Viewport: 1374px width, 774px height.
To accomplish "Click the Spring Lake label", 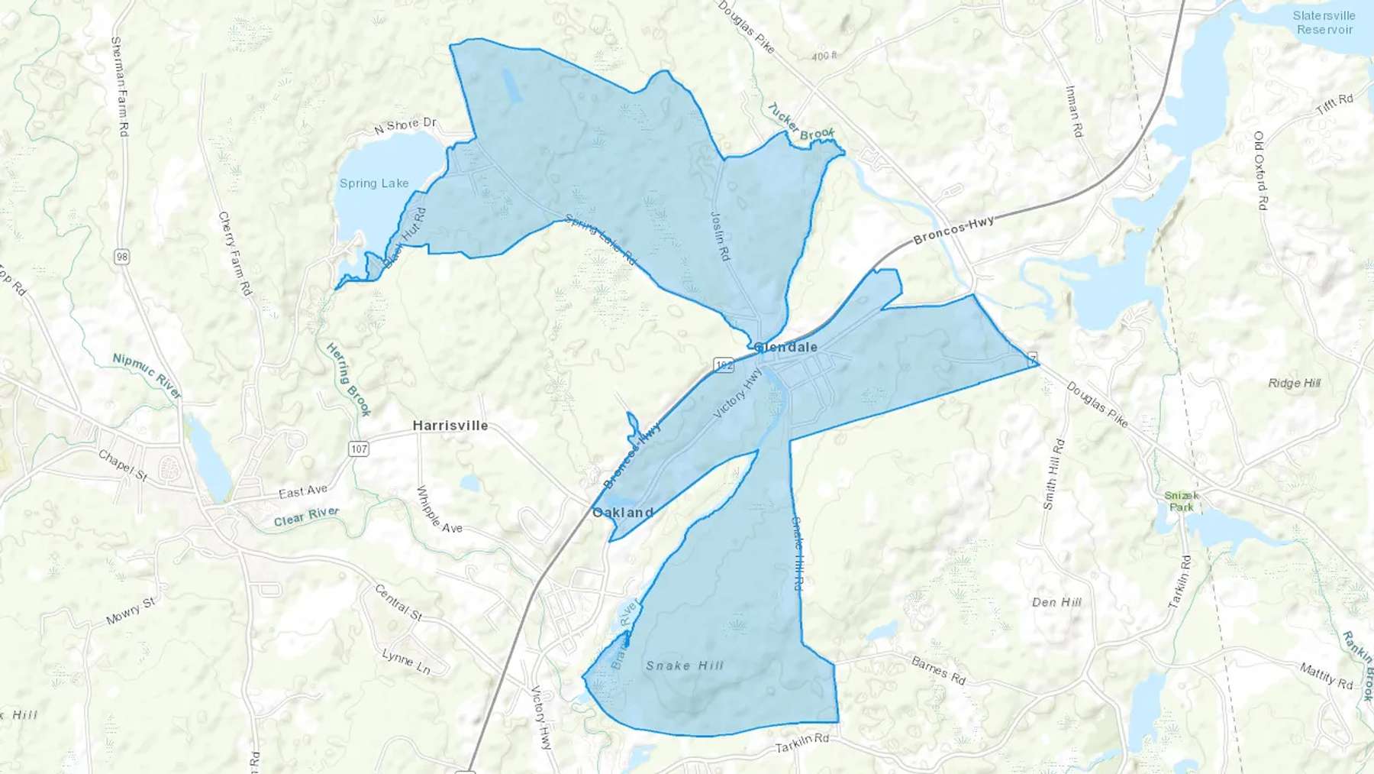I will click(x=374, y=183).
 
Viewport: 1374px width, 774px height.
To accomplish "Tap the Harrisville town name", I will click(x=450, y=426).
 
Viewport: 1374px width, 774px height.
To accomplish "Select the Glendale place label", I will click(x=786, y=347).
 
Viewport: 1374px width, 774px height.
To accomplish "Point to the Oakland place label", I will click(x=623, y=512).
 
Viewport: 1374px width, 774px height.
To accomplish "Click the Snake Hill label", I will click(x=685, y=666).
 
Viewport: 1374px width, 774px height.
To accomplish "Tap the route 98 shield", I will click(x=122, y=257).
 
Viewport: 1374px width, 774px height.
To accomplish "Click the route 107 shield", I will click(x=359, y=449).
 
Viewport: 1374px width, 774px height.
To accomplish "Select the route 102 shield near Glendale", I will click(x=724, y=365).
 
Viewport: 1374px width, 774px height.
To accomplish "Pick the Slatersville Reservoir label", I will click(x=1324, y=23).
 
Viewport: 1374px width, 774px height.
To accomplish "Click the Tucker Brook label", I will click(x=801, y=122).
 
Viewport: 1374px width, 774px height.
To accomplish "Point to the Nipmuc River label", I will click(x=147, y=375).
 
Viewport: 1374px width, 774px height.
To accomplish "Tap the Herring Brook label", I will click(x=349, y=379).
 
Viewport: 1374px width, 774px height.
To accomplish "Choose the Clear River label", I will click(x=306, y=517).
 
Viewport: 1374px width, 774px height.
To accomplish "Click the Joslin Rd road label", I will click(x=721, y=236).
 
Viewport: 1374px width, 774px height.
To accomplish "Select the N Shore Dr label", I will click(x=405, y=125).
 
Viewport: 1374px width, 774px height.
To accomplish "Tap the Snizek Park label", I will click(x=1181, y=501).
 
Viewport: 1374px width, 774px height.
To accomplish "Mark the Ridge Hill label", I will click(x=1294, y=383).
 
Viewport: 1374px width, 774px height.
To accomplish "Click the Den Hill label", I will click(x=1056, y=602).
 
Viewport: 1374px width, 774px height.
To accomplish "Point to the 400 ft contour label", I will click(x=824, y=56).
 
